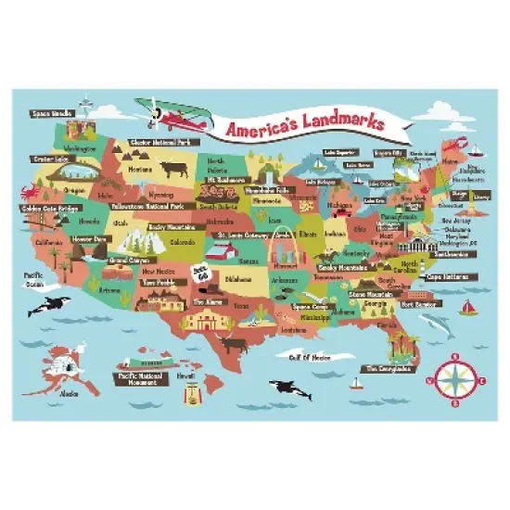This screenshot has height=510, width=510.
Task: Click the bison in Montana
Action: pyautogui.click(x=173, y=170)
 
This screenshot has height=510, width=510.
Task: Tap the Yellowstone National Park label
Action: pyautogui.click(x=145, y=208)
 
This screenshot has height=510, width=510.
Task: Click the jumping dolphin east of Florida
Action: pyautogui.click(x=433, y=321)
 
